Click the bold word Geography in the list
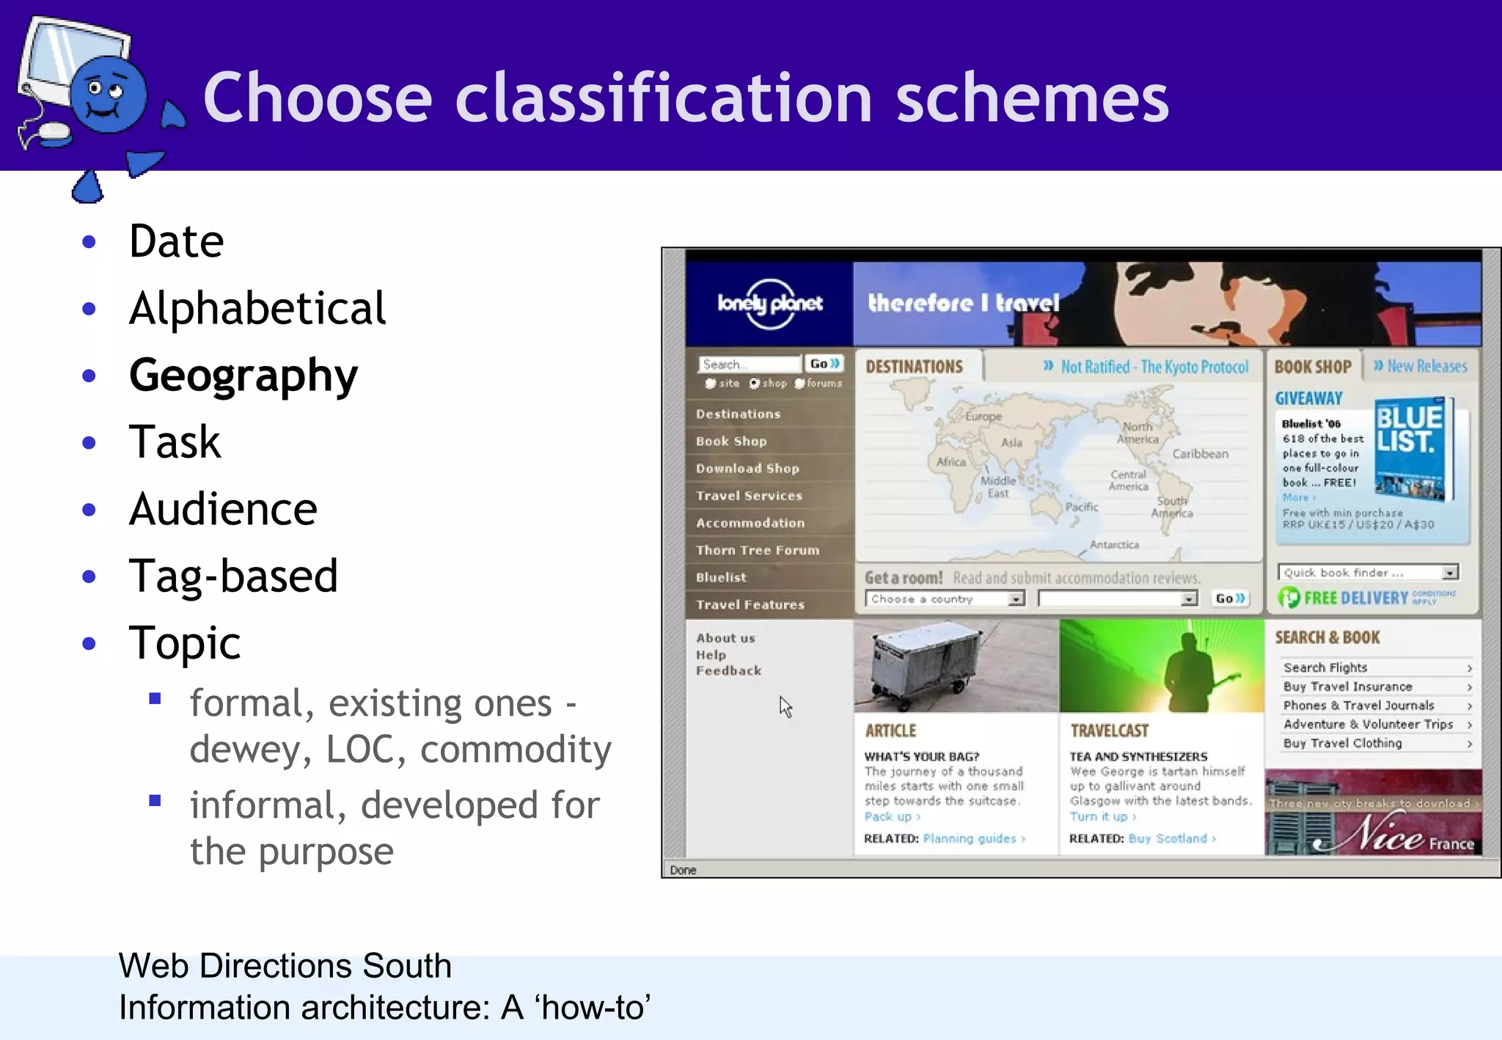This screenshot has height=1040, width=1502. pos(243,376)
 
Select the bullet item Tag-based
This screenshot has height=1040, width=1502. pos(232,576)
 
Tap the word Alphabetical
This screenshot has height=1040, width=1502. pos(257,308)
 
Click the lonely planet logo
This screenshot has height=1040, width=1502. pos(769,302)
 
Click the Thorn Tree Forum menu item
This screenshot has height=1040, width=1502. pos(758,550)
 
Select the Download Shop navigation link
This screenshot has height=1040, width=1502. pos(747,469)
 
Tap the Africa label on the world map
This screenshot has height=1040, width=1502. pos(950,462)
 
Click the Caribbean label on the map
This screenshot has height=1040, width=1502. pos(1200,454)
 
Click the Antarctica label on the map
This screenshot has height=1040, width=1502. pos(1114,544)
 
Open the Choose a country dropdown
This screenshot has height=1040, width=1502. pos(945,599)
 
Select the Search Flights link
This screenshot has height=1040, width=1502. pos(1325,667)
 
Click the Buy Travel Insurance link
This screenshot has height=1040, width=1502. pos(1347,686)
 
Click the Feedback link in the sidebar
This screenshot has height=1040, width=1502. pos(728,670)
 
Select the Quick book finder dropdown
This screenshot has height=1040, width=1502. pos(1368,573)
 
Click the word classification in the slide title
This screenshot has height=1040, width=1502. pos(663,98)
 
